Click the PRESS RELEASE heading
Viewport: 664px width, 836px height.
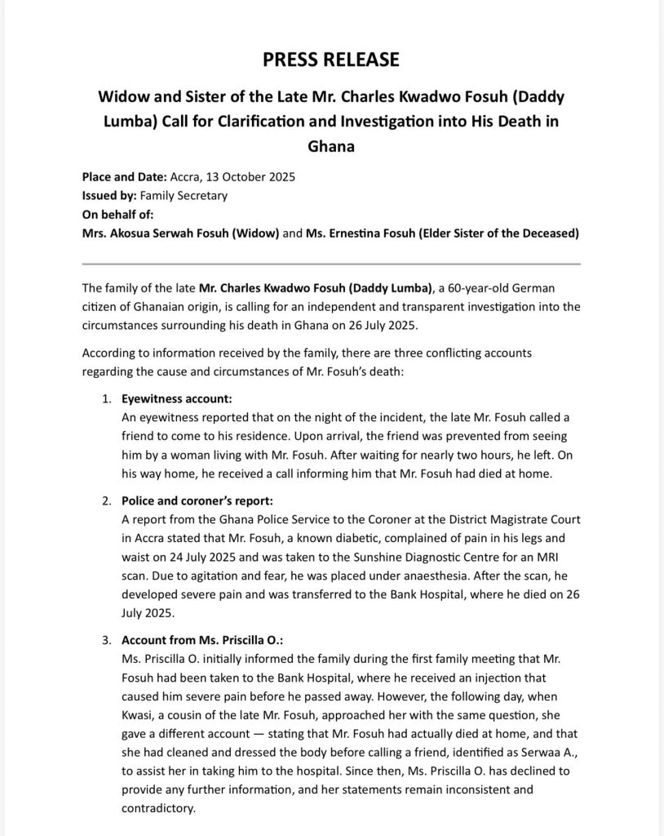pos(331,59)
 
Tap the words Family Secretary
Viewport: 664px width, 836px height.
pos(184,196)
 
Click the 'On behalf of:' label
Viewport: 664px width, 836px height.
pos(117,215)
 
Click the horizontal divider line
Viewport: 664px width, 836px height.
pos(331,264)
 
